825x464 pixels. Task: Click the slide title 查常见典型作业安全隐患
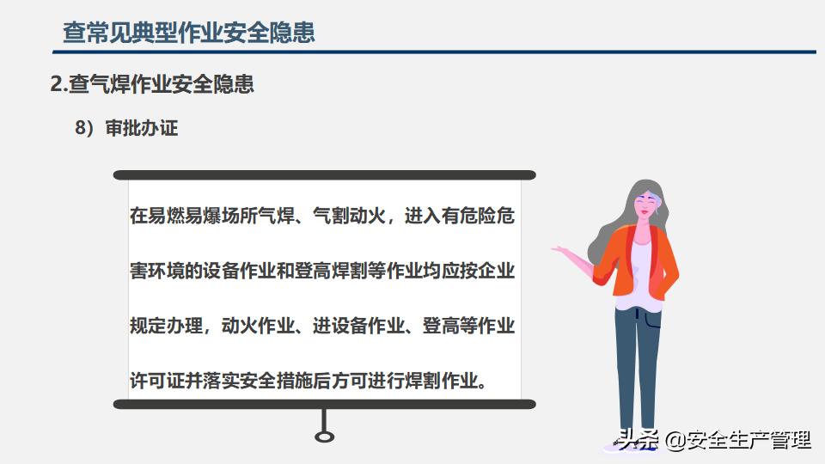click(189, 32)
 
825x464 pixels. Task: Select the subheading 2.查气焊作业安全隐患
click(152, 84)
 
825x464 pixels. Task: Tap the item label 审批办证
click(142, 128)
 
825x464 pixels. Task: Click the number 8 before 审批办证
click(80, 128)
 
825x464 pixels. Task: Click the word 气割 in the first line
click(331, 215)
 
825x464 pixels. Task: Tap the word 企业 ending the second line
click(496, 271)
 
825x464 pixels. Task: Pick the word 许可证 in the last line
click(157, 381)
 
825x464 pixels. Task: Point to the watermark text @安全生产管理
click(737, 439)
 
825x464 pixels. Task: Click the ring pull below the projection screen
click(324, 437)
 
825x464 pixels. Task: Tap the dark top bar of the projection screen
click(325, 175)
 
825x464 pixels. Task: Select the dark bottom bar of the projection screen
click(325, 404)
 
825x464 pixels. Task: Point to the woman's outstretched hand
click(561, 249)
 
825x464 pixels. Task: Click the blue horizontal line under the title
click(434, 52)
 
